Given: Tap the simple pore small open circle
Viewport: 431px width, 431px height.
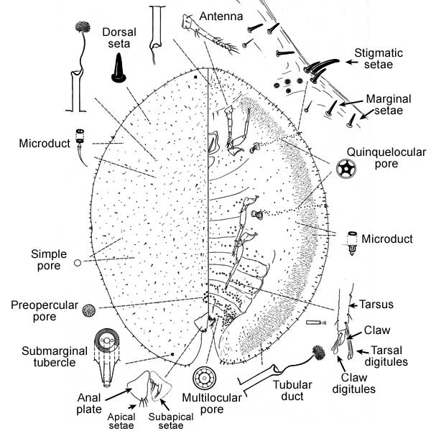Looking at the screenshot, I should (x=77, y=264).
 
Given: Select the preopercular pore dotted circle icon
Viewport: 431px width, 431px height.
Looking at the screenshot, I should (x=89, y=310).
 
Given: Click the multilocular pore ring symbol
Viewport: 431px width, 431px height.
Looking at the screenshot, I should (x=205, y=378).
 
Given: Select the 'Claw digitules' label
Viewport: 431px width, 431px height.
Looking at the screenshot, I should (x=353, y=384).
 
